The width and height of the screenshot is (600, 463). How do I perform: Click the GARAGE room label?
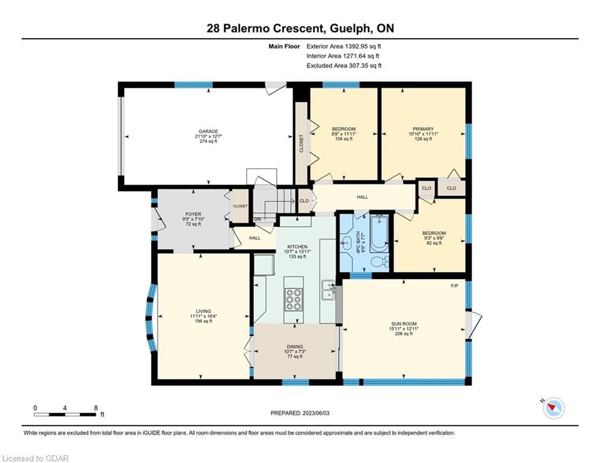click(208, 131)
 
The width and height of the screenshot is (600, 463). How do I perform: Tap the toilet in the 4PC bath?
click(379, 262)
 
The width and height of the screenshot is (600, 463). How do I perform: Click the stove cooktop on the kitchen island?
click(294, 299)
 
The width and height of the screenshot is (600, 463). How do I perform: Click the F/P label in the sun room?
click(454, 286)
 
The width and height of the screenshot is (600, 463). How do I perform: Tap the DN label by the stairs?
click(257, 219)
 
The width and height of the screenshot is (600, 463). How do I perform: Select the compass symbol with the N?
click(553, 408)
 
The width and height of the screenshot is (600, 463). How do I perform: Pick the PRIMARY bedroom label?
click(423, 129)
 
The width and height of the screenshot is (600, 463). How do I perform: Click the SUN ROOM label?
click(403, 324)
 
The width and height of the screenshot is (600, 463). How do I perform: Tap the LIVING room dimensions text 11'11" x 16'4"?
click(204, 317)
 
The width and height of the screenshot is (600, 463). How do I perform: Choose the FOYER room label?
click(193, 214)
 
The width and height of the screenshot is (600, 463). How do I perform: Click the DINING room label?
click(295, 347)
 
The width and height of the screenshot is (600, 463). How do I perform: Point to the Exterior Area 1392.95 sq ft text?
click(344, 46)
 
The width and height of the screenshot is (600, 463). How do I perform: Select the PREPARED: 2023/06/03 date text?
click(300, 413)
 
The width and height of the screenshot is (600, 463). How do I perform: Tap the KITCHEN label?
click(297, 247)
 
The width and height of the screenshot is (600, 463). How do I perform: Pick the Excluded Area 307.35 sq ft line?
click(344, 66)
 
